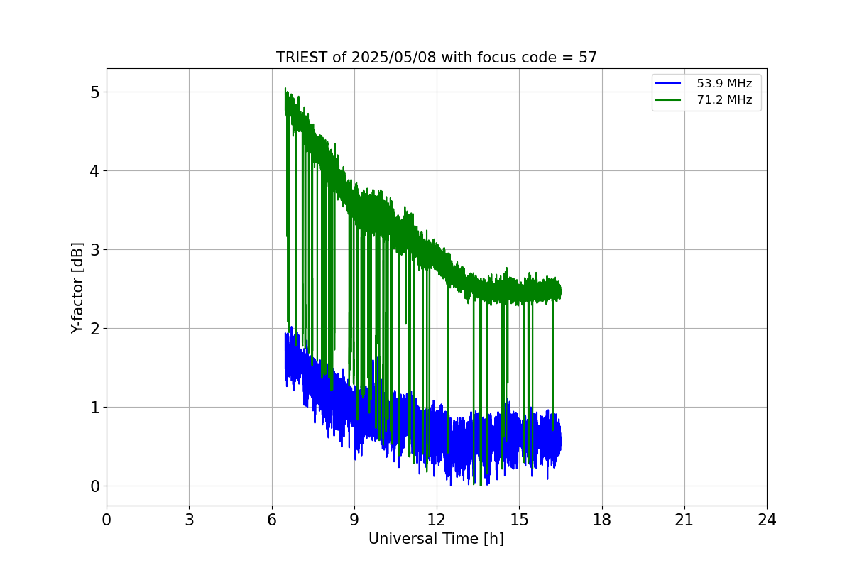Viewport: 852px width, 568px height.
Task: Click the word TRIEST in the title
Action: pos(302,58)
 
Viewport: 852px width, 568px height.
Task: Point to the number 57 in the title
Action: pos(587,58)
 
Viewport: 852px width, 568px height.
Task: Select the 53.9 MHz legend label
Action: pos(724,84)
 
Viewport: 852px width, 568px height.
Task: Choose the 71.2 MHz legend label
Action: pos(724,100)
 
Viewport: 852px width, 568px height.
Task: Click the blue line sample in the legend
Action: pos(668,84)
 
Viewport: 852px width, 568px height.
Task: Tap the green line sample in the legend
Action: pos(668,100)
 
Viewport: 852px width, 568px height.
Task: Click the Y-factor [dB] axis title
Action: pos(77,288)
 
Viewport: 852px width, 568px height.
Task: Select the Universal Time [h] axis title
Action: pos(436,539)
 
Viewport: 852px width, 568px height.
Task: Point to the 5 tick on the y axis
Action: pos(94,92)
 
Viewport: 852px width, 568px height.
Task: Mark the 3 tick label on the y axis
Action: pos(94,250)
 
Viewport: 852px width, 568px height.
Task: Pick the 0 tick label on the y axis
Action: pos(94,486)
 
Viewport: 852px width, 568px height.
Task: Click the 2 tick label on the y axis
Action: pos(94,329)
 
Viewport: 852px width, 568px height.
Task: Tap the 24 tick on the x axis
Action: pos(767,520)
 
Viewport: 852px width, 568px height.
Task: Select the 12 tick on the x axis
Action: pos(437,520)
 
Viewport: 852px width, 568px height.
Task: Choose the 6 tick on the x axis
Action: pos(272,520)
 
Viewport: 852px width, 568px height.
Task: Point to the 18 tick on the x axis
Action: pos(602,520)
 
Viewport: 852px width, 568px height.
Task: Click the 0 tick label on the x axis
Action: pos(106,520)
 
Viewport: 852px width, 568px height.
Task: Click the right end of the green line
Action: pos(560,291)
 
